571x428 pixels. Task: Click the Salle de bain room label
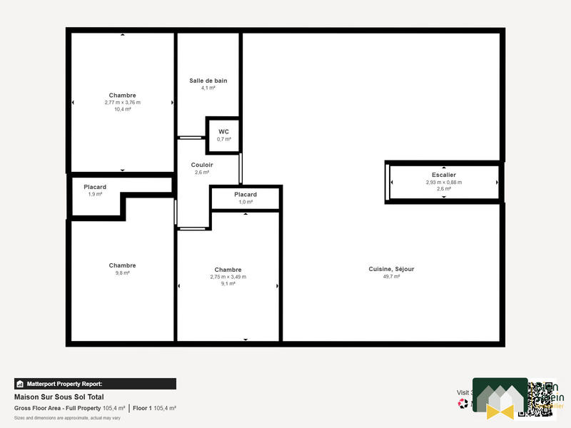[x=208, y=81]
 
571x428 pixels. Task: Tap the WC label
[x=223, y=132]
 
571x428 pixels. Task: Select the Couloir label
[x=202, y=165]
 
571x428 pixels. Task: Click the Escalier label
[x=443, y=175]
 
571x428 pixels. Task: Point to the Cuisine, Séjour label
[x=391, y=269]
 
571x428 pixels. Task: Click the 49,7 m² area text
[x=391, y=276]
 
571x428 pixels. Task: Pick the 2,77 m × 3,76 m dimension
[x=123, y=102]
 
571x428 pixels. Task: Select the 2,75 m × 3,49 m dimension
[x=228, y=277]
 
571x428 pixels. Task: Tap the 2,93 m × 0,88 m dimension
[x=443, y=182]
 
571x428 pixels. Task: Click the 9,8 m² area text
[x=123, y=272]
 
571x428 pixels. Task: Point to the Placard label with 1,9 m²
[x=95, y=187]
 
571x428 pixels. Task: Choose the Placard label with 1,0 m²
[x=246, y=195]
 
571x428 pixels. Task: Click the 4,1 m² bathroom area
[x=208, y=88]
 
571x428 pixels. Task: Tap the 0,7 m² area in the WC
[x=223, y=139]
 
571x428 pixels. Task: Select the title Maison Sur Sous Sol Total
[x=59, y=397]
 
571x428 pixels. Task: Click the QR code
[x=541, y=397]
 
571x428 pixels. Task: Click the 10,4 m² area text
[x=123, y=109]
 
